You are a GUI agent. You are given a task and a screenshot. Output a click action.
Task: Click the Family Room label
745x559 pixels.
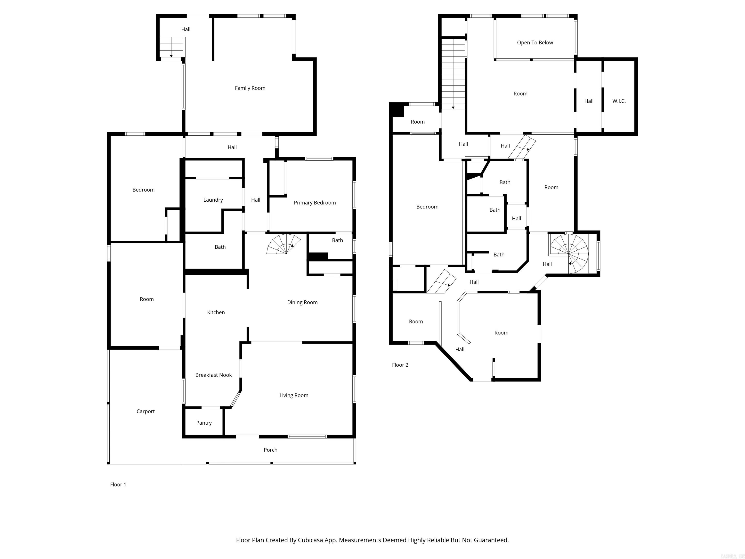pos(250,88)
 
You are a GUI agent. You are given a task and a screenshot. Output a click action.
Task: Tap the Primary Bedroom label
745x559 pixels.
pos(315,203)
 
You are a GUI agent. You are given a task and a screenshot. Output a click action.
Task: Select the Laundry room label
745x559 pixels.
pos(213,200)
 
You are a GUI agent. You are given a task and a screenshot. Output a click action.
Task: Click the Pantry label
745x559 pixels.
pos(204,423)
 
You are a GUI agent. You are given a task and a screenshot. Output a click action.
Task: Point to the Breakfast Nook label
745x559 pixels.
pos(213,375)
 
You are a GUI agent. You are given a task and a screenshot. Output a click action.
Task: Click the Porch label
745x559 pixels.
pos(270,450)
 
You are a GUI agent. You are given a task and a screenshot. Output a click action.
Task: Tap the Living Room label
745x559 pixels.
pos(294,395)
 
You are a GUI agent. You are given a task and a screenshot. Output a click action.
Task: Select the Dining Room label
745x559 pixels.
pos(302,302)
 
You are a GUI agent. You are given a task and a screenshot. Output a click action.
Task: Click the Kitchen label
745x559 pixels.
pos(216,312)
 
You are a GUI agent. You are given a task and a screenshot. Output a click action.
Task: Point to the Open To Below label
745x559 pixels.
pos(535,42)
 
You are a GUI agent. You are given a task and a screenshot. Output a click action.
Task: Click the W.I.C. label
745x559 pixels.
pos(619,101)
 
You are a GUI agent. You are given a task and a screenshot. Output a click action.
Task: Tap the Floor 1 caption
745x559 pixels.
pos(118,485)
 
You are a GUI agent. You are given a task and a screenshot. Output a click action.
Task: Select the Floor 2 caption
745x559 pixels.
pos(400,365)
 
